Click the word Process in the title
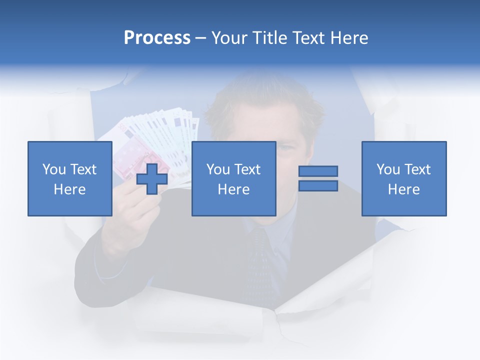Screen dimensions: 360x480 click(x=157, y=38)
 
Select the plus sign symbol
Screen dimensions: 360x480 click(x=152, y=178)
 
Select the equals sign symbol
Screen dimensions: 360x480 click(x=318, y=178)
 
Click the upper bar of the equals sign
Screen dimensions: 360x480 click(x=318, y=171)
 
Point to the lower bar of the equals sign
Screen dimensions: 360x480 click(x=318, y=186)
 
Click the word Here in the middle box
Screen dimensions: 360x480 click(x=233, y=189)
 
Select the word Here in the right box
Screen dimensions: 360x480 click(x=403, y=189)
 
